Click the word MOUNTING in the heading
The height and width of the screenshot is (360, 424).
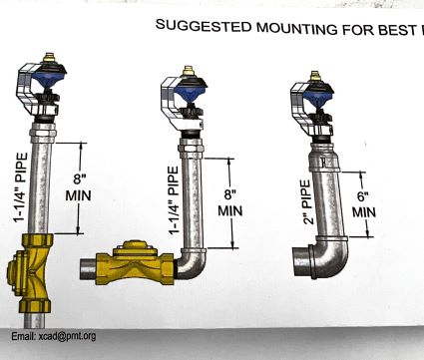pyautogui.click(x=296, y=28)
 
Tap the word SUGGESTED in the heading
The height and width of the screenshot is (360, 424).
pyautogui.click(x=204, y=25)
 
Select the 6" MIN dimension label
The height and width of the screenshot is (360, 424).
pyautogui.click(x=364, y=204)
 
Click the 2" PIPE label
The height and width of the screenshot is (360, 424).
pyautogui.click(x=306, y=202)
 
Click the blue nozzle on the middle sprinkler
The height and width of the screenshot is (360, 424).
pyautogui.click(x=191, y=94)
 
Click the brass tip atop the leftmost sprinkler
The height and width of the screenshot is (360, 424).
pyautogui.click(x=49, y=57)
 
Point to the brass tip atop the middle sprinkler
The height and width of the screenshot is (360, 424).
pyautogui.click(x=189, y=71)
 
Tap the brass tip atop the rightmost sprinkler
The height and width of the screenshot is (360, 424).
pyautogui.click(x=315, y=76)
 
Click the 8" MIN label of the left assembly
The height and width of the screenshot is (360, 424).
pyautogui.click(x=78, y=187)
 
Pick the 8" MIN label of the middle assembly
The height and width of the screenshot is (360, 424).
pyautogui.click(x=230, y=202)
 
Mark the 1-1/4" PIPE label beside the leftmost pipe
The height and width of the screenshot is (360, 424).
pyautogui.click(x=20, y=187)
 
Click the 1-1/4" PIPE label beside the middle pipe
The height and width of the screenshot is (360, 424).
pyautogui.click(x=174, y=200)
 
